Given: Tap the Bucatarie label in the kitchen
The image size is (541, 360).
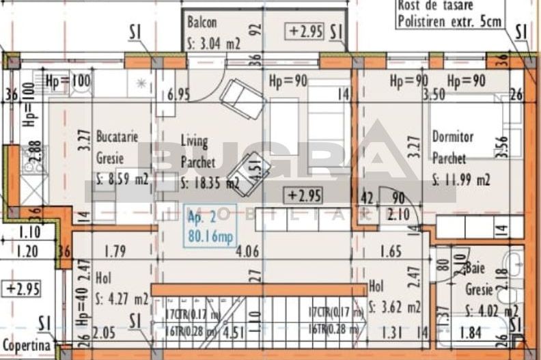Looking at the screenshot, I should click(x=117, y=137).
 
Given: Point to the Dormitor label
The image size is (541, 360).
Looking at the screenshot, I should click(x=452, y=137).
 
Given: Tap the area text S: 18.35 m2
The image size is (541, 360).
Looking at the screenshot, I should click(x=210, y=183).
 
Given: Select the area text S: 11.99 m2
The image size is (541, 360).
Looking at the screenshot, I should click(x=461, y=180).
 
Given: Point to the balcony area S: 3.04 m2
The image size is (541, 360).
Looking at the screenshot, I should click(x=214, y=44).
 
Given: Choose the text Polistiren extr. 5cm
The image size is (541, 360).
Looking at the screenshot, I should click(x=449, y=20).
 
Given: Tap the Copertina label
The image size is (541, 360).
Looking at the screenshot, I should click(x=25, y=346).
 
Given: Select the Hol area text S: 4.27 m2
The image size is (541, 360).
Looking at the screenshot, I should click(x=122, y=299).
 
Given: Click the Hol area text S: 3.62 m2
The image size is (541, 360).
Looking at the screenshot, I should click(x=394, y=305).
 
